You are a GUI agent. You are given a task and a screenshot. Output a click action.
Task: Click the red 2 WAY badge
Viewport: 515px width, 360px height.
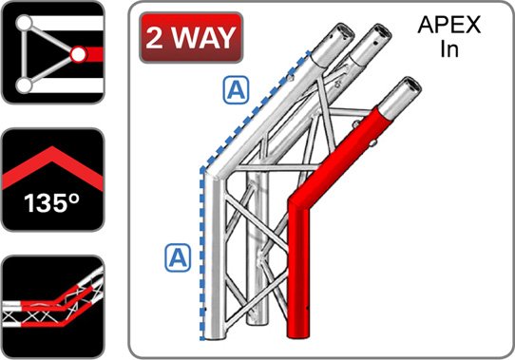[189, 38]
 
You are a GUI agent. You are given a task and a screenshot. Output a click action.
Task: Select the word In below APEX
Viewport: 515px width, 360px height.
[449, 50]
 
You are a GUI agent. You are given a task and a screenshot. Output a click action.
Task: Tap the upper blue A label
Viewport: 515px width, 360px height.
[235, 90]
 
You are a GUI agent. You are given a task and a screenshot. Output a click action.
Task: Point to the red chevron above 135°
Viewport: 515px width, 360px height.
[51, 167]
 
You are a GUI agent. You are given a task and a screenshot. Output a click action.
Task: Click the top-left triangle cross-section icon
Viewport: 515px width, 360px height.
[51, 51]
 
